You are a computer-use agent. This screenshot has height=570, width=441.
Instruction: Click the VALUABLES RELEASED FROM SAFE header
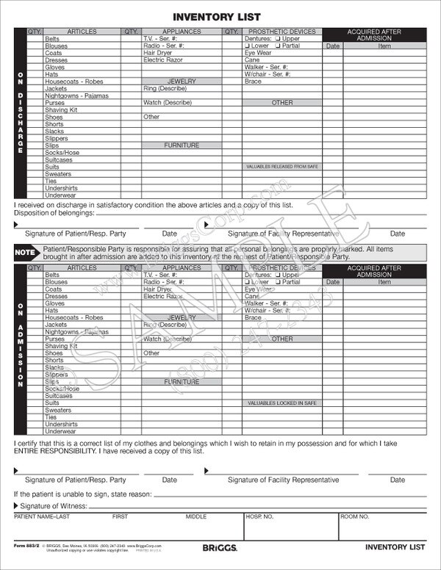282,167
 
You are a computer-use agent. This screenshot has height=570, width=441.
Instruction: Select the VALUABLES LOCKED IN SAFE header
282,403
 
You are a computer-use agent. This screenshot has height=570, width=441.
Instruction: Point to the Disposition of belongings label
54,213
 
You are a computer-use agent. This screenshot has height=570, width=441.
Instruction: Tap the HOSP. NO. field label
260,517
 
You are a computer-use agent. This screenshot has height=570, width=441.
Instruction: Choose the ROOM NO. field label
354,517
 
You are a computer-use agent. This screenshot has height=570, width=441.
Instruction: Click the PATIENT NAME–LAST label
43,517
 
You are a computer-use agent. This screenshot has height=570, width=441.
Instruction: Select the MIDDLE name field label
196,517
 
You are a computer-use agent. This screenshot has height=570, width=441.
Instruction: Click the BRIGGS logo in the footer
218,547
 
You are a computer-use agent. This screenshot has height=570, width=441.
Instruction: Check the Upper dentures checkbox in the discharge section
280,39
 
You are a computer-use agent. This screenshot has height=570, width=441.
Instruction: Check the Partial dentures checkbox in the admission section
280,282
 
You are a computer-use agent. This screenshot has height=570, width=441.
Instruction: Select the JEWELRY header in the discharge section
182,82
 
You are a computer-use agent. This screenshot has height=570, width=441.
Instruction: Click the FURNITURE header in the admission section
182,382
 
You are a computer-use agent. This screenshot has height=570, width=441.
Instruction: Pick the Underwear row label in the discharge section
60,195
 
